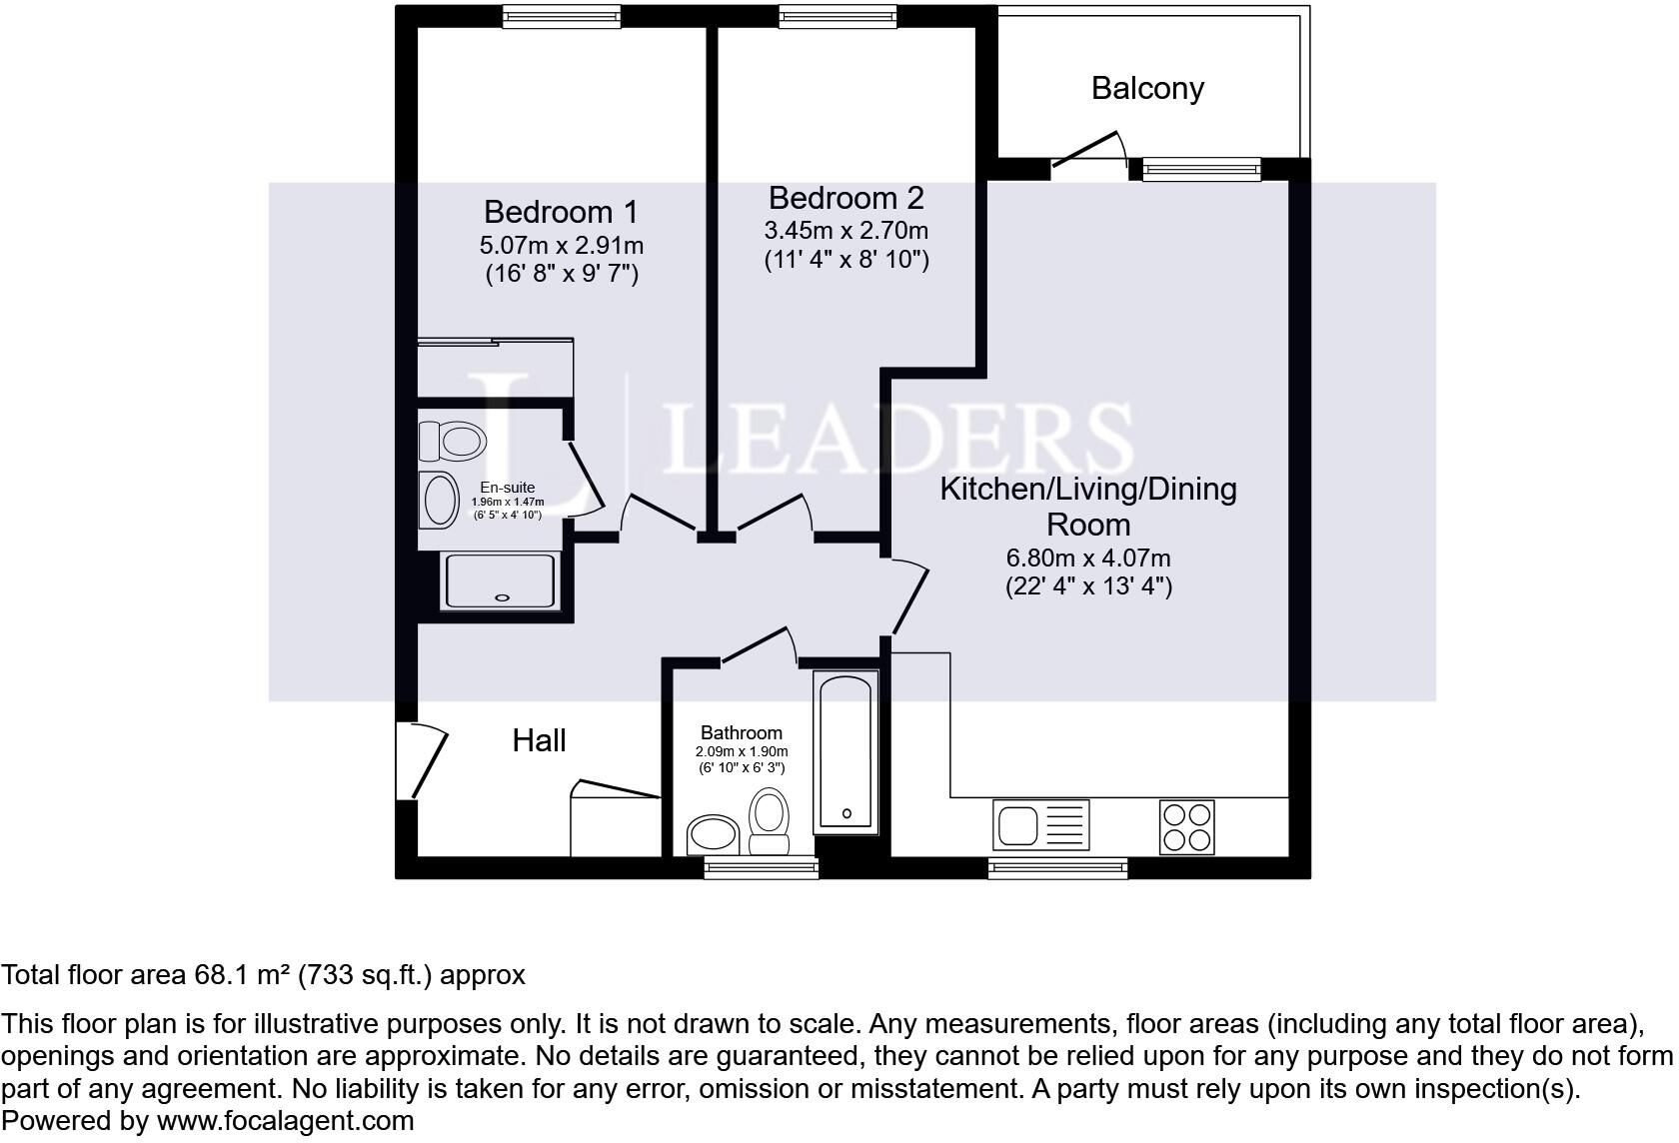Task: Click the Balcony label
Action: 1147,89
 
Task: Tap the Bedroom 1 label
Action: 561,212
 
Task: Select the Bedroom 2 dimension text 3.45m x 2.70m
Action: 846,230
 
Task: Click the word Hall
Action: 539,740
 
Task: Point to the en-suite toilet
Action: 452,442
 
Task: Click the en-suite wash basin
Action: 440,500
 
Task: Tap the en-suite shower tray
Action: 501,580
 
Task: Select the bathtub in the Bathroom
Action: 845,752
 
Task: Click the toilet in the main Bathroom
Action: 770,820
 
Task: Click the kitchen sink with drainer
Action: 1041,825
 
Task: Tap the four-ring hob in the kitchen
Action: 1186,827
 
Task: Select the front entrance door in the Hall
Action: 422,760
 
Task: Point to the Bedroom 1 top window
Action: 562,17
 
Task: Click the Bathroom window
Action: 761,867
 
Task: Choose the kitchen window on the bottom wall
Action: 1057,868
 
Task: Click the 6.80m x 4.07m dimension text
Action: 1088,559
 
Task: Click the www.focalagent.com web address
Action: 285,1120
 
